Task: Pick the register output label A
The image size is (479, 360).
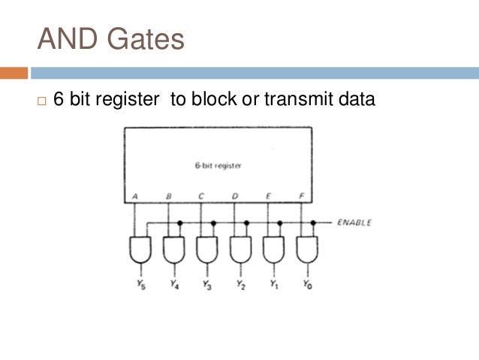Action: pyautogui.click(x=134, y=195)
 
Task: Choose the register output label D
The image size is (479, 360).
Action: pyautogui.click(x=235, y=195)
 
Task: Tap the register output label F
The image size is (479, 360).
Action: pyautogui.click(x=301, y=195)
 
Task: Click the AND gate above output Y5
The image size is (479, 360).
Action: pyautogui.click(x=140, y=250)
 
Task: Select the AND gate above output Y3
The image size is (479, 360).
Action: pyautogui.click(x=207, y=250)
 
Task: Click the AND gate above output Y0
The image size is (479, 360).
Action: pyautogui.click(x=306, y=250)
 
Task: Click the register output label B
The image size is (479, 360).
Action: pyautogui.click(x=169, y=195)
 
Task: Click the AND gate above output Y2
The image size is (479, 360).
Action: pyautogui.click(x=240, y=250)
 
